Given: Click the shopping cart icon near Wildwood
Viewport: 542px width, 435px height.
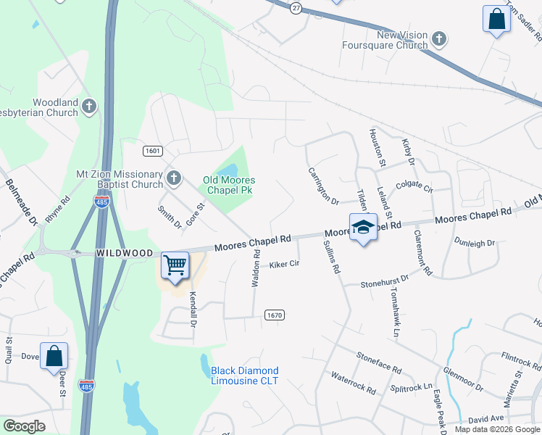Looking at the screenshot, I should (x=175, y=266).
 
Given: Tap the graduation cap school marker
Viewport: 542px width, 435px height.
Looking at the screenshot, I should (x=362, y=228).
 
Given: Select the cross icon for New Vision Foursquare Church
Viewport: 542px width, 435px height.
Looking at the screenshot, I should (x=438, y=38).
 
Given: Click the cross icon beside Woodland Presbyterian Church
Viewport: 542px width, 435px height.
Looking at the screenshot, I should (x=88, y=107).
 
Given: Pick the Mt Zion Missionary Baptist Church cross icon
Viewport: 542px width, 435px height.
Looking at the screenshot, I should (x=173, y=178).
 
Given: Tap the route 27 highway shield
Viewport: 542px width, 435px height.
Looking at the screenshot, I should (x=296, y=7).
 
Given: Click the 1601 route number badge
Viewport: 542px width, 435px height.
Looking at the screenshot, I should (x=152, y=151).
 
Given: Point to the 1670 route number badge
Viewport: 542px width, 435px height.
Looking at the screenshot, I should (x=274, y=315).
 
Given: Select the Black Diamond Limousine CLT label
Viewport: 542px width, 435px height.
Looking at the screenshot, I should (x=244, y=376).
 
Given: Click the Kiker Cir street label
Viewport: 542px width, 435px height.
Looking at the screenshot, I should (x=284, y=265).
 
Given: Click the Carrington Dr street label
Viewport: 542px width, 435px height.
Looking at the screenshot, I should (x=323, y=185).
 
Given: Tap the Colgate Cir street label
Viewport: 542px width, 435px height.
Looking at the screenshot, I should (x=413, y=188).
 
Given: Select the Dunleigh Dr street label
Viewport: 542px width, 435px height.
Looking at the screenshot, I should (x=474, y=243).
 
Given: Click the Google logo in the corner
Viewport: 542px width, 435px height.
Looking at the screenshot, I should (x=24, y=426).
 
